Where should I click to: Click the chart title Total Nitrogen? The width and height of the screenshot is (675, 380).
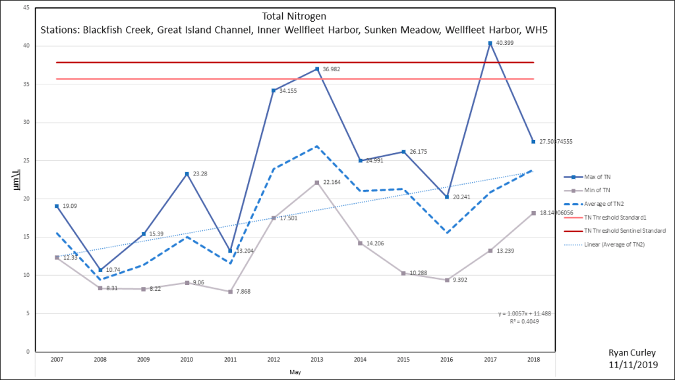[293, 16]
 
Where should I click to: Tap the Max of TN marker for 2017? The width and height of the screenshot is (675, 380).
[490, 43]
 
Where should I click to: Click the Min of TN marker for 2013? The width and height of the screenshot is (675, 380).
[317, 182]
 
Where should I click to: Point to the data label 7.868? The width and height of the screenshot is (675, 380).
[243, 291]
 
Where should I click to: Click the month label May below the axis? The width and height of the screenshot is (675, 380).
[295, 373]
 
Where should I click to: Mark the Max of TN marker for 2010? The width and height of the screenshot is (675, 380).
[187, 174]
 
